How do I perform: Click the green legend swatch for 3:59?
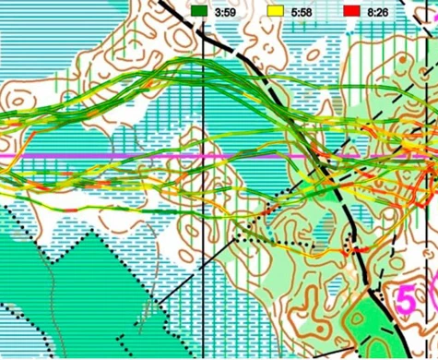coord(199,11)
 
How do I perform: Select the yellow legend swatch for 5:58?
coord(275,11)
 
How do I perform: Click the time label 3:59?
coord(226,11)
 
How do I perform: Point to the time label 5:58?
coord(302,11)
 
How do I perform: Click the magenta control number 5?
coord(404,299)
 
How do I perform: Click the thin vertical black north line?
coord(203,277)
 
